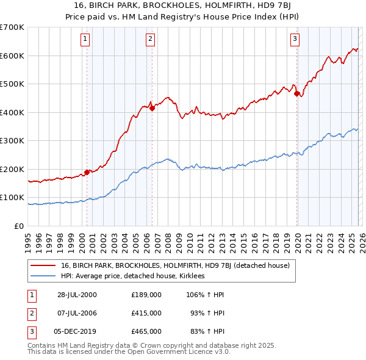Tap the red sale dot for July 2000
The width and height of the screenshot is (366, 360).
[x=87, y=172]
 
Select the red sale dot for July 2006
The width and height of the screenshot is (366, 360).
[x=152, y=108]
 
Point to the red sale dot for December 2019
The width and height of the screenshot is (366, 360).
[x=297, y=94]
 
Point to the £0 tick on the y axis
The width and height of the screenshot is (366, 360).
[x=20, y=226]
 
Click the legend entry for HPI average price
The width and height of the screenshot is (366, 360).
[x=135, y=276]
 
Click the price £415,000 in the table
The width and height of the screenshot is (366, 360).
[x=146, y=312]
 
